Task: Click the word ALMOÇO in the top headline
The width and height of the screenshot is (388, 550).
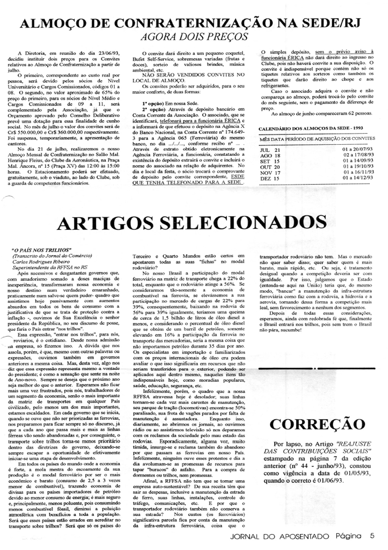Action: [x=51, y=23]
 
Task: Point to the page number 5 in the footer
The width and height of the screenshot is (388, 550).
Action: [x=372, y=535]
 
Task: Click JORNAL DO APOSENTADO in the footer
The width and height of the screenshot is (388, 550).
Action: [x=280, y=536]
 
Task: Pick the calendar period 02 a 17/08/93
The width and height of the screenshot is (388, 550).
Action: [x=353, y=155]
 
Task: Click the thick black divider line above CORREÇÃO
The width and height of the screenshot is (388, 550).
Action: [x=317, y=368]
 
